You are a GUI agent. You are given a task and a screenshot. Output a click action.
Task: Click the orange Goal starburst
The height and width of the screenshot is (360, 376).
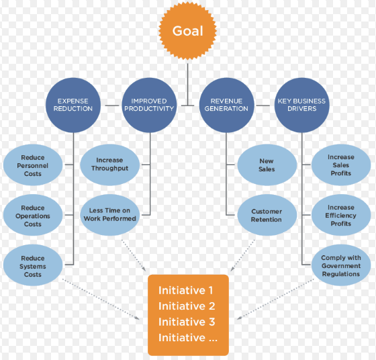pos(187,31)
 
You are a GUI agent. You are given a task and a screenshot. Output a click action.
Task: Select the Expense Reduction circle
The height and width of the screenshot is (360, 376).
pos(73,105)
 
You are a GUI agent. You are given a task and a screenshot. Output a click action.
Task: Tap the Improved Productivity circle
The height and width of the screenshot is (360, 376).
pos(149,105)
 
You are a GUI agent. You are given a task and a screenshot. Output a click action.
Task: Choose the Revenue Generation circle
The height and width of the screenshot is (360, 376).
pos(226,105)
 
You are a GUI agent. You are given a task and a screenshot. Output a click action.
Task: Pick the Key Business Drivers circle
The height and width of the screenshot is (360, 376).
pos(301,105)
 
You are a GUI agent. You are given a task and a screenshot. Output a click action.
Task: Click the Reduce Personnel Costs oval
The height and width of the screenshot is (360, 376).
pos(33,165)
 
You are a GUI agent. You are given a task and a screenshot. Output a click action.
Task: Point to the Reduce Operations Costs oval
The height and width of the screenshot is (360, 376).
pos(33,215)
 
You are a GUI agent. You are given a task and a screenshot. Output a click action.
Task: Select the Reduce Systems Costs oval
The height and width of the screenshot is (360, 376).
pos(33,265)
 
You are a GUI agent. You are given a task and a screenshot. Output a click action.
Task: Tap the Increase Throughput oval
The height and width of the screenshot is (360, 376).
pos(110,165)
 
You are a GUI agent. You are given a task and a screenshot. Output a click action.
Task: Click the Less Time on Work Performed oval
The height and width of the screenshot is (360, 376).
pos(110,215)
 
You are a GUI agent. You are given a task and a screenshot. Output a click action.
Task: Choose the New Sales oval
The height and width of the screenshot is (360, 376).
pos(267,165)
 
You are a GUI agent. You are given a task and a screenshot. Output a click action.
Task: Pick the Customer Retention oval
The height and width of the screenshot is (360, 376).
pos(267,215)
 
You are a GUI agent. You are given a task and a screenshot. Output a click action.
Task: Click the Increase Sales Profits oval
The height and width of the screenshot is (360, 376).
pos(341,165)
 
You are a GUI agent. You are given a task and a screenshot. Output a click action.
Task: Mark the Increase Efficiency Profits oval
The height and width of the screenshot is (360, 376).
pos(341,215)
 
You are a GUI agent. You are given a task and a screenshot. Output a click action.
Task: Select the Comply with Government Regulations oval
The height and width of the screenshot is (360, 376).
pos(341,265)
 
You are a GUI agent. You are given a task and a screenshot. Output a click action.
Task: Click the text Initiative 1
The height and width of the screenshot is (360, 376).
pos(185,290)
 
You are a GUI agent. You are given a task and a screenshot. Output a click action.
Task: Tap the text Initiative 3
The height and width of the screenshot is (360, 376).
pos(187,322)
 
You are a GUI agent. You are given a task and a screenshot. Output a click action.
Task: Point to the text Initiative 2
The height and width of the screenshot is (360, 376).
pos(187,306)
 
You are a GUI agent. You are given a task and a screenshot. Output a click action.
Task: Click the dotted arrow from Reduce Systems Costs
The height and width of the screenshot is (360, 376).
pos(101,299)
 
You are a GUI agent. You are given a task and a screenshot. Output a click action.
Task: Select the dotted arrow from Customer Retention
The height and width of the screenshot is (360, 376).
pos(242,255)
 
